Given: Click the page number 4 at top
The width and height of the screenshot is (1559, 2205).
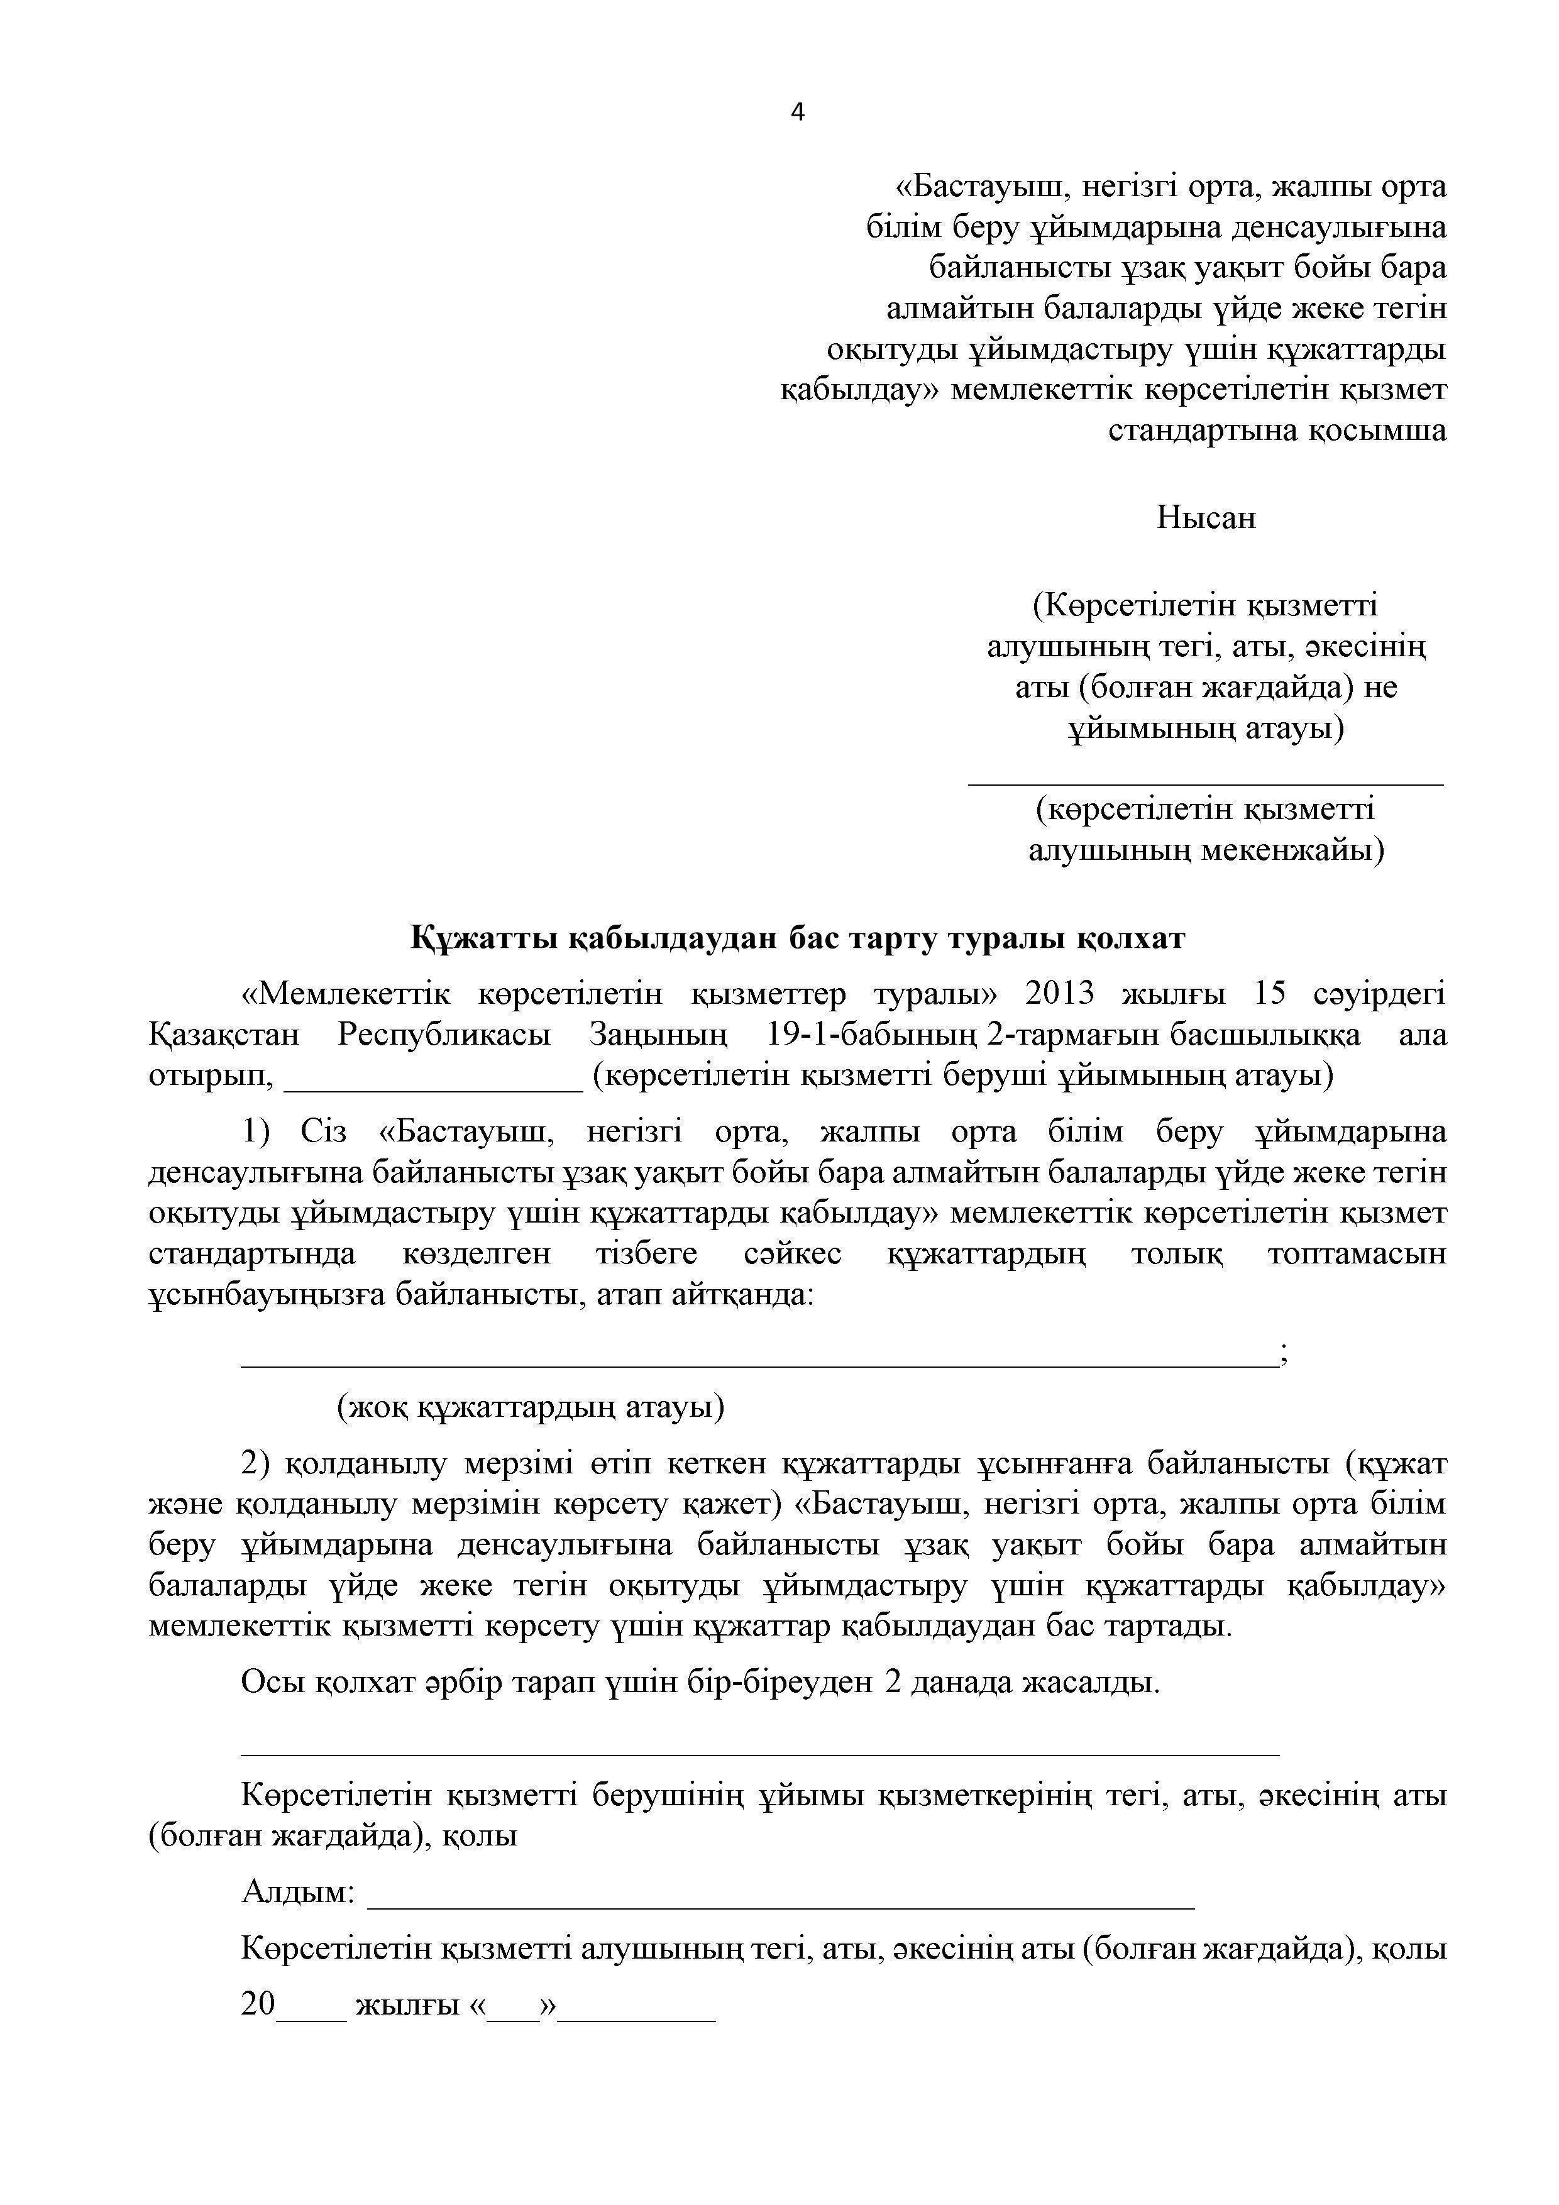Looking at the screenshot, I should [797, 113].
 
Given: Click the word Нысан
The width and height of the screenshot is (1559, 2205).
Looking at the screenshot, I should [1206, 519].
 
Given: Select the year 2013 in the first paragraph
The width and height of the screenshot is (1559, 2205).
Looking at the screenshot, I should [1059, 994].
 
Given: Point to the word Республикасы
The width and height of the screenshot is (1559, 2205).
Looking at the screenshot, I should [444, 1035].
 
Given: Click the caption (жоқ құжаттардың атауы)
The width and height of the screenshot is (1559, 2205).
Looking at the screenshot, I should [530, 1408].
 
